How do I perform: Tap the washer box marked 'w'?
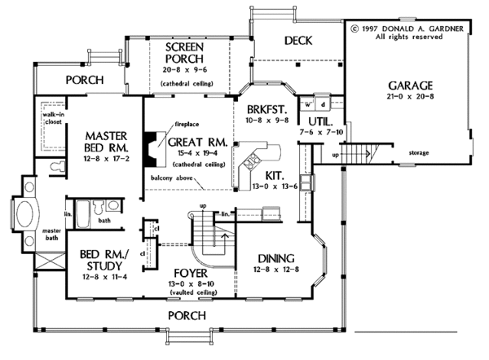[308, 104]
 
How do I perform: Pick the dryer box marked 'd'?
[324, 104]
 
